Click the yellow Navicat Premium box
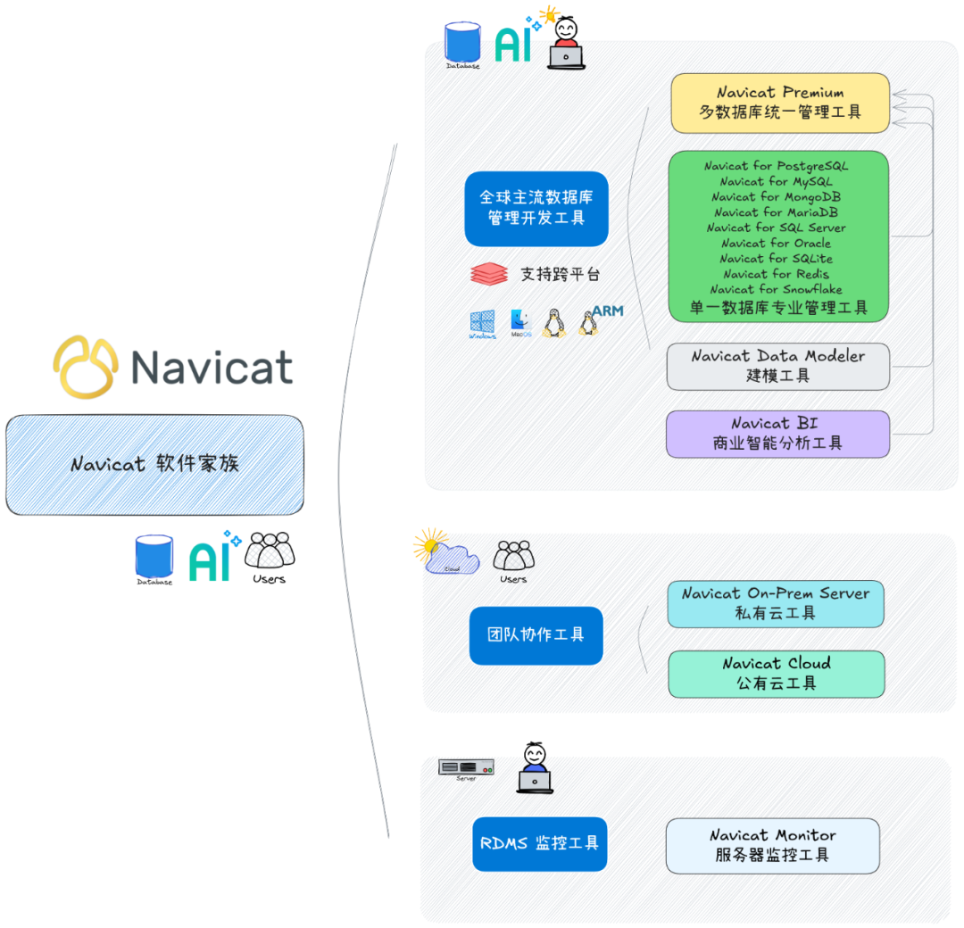point(780,103)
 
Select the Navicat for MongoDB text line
point(776,196)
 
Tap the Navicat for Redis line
point(776,274)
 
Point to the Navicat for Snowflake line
point(776,289)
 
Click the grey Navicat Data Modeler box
point(777,366)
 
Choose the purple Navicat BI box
point(777,434)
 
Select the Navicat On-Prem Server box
point(776,603)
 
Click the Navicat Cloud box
point(776,674)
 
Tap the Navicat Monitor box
point(772,845)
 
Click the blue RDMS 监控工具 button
point(539,843)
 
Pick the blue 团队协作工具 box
point(536,635)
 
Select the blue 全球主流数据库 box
point(536,208)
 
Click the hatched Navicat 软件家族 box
point(154,464)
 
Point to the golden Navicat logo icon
point(86,366)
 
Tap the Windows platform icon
point(482,324)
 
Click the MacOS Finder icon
point(520,322)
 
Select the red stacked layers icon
point(488,274)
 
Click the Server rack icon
point(466,767)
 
